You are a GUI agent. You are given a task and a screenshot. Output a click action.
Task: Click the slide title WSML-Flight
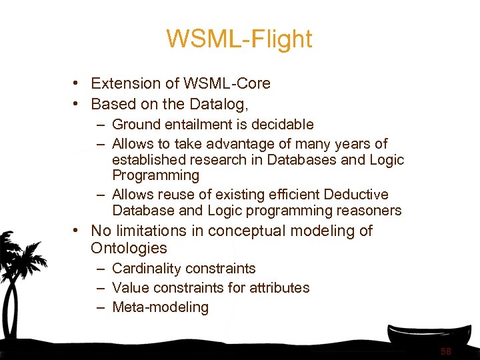pyautogui.click(x=239, y=39)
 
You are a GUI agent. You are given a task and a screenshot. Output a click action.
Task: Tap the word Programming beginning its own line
pyautogui.click(x=155, y=176)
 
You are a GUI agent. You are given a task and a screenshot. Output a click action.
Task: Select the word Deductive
pyautogui.click(x=357, y=195)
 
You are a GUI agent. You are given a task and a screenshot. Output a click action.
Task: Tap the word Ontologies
pyautogui.click(x=129, y=249)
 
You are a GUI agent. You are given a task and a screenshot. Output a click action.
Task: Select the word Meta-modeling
pyautogui.click(x=160, y=307)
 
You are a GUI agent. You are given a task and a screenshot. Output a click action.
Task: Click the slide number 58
pyautogui.click(x=445, y=351)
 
